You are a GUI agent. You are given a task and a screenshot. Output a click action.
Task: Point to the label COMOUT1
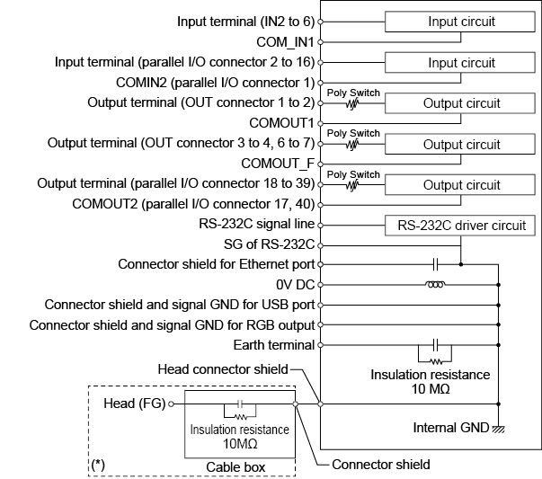pyautogui.click(x=284, y=122)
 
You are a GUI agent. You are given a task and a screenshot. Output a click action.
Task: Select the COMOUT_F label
pyautogui.click(x=279, y=163)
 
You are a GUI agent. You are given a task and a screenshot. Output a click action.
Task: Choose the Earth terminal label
pyautogui.click(x=271, y=343)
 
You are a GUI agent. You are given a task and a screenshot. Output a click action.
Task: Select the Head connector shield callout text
pyautogui.click(x=222, y=368)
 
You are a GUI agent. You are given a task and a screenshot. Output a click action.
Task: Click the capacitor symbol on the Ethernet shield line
pyautogui.click(x=436, y=264)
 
